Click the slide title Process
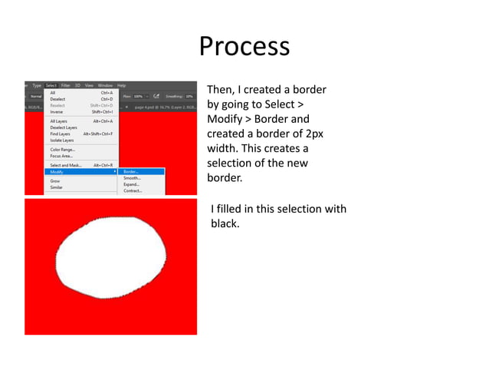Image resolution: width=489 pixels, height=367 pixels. (x=244, y=46)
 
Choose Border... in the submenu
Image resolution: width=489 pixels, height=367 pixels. (x=131, y=171)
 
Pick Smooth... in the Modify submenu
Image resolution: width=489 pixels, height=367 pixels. (x=132, y=178)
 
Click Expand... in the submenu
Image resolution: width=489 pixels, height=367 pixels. (x=132, y=184)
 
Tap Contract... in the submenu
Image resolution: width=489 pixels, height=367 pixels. (x=133, y=190)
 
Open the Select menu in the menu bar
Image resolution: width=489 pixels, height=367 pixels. (x=51, y=85)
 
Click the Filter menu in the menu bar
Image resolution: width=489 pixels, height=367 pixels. (x=66, y=85)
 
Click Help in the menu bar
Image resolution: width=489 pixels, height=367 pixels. (x=121, y=85)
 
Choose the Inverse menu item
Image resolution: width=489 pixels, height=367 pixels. (x=57, y=111)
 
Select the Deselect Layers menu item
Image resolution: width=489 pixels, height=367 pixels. (x=64, y=127)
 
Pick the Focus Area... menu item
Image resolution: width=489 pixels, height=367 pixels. (x=61, y=156)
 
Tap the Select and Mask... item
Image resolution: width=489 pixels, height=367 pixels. (x=66, y=165)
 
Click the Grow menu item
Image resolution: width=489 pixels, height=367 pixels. (x=55, y=180)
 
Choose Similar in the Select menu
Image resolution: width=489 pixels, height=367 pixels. (x=57, y=187)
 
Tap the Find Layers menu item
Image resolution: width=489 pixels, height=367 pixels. (x=60, y=134)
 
